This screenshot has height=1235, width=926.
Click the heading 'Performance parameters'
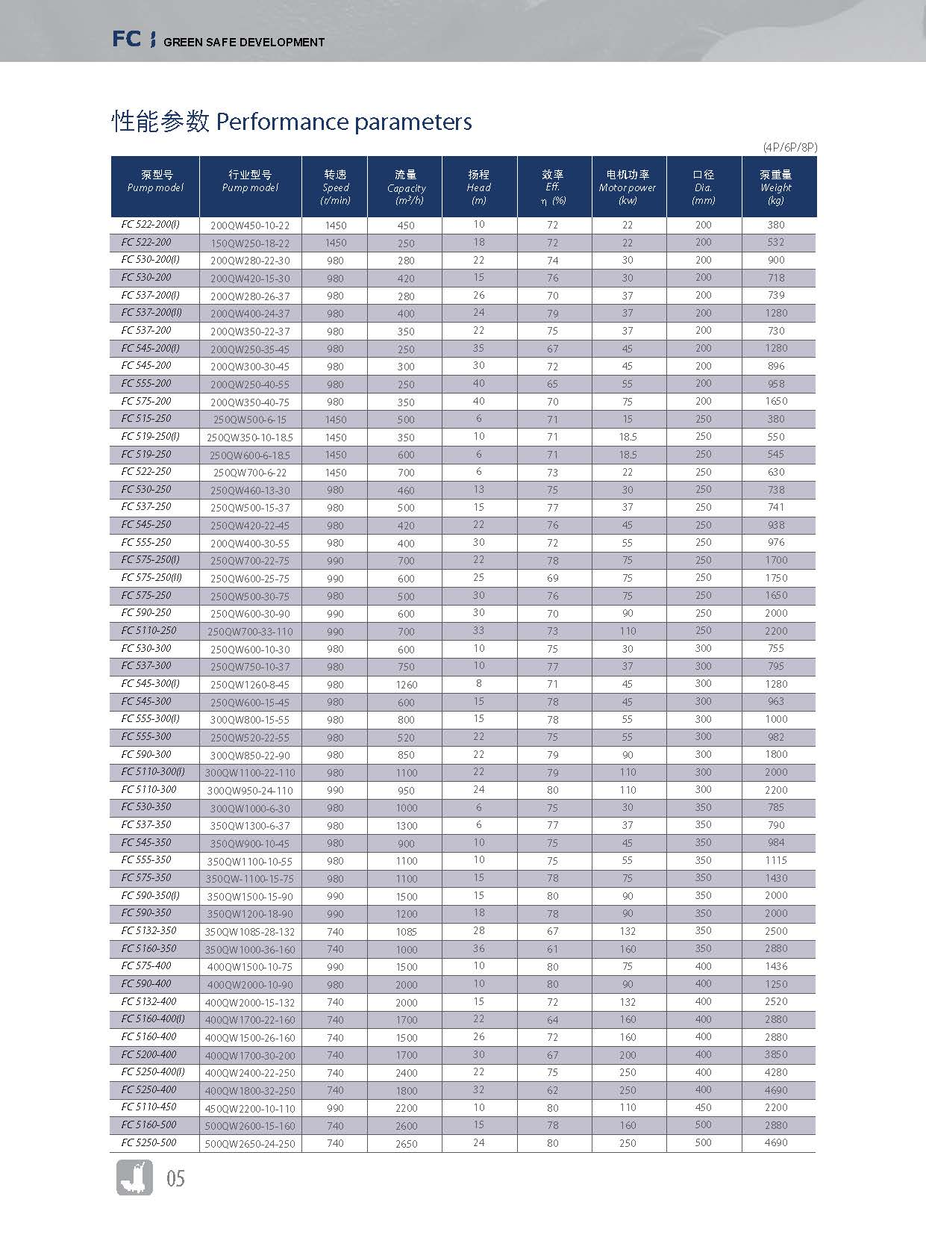[x=343, y=122]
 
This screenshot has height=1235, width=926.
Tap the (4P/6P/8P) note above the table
[x=789, y=147]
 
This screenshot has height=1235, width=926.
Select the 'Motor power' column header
[x=628, y=187]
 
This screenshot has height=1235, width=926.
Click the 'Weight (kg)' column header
[x=776, y=187]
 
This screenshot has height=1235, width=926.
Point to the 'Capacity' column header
[x=406, y=187]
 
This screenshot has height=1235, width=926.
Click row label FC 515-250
[x=146, y=419]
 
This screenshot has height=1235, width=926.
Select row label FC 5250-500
[x=149, y=1142]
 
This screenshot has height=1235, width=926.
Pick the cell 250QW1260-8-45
[x=250, y=685]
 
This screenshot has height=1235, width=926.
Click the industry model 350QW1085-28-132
[x=250, y=932]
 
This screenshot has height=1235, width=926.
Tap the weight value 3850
[x=776, y=1054]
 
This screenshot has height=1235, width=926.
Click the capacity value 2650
[x=406, y=1144]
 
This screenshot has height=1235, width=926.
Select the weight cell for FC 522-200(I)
[x=776, y=225]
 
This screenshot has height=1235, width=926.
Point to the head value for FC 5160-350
[x=478, y=948]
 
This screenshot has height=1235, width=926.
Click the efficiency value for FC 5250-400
[x=552, y=1090]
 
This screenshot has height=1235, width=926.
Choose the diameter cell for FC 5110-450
[x=703, y=1107]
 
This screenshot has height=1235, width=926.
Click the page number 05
[x=175, y=1179]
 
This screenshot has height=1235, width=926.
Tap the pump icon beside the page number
[x=134, y=1178]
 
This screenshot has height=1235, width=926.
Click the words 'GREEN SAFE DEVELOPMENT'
[x=244, y=43]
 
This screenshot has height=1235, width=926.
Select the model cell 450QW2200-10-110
[x=250, y=1109]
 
